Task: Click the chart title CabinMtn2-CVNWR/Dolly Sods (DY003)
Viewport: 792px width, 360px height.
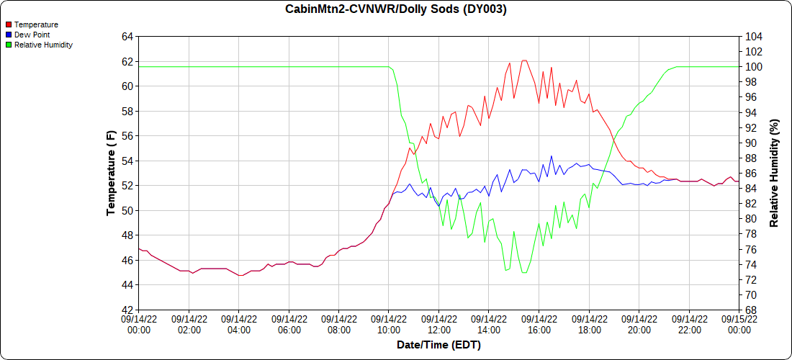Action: [x=395, y=9]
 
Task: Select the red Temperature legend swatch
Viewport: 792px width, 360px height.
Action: [x=9, y=24]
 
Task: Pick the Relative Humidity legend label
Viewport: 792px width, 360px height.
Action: [x=44, y=45]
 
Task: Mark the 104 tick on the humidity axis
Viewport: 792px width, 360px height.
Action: [x=751, y=37]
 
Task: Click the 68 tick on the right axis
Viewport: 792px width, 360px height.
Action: [x=749, y=310]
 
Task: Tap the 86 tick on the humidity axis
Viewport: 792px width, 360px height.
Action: [x=749, y=174]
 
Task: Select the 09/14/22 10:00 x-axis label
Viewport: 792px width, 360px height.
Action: [x=388, y=325]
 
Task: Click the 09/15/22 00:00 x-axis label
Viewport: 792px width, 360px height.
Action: [x=739, y=325]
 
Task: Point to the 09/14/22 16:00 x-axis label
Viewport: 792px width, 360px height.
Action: [x=539, y=325]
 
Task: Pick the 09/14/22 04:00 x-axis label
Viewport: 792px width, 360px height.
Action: [x=238, y=325]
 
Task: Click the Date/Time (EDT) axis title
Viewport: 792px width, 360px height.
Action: [x=438, y=346]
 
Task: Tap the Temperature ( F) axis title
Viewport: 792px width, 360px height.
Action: [x=111, y=174]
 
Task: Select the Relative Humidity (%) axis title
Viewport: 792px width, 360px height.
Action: [x=773, y=174]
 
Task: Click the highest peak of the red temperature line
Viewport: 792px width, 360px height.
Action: [x=524, y=60]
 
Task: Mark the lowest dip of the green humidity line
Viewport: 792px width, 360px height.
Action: [x=524, y=273]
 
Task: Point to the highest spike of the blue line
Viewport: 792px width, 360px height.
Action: [x=552, y=156]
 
